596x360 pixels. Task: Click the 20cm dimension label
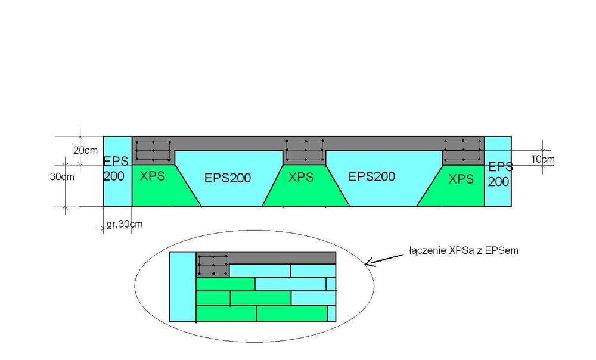point(85,151)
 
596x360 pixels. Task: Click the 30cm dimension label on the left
point(62,177)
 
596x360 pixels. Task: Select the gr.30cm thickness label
point(125,224)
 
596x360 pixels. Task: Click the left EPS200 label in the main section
point(227,178)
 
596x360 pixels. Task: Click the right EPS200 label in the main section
point(372,176)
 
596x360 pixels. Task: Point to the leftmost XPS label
point(153,176)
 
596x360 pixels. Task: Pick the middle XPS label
point(301,177)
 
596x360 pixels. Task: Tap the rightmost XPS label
point(461,178)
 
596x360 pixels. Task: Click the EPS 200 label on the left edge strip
point(115,169)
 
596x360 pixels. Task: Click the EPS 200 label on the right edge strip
point(499,173)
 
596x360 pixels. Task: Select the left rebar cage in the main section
point(153,151)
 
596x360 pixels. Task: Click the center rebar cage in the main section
point(305,150)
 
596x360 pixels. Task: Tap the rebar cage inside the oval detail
point(213,265)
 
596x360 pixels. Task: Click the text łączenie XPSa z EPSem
point(464,251)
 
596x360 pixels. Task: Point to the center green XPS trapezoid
point(305,191)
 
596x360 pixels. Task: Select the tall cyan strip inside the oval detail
point(183,287)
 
